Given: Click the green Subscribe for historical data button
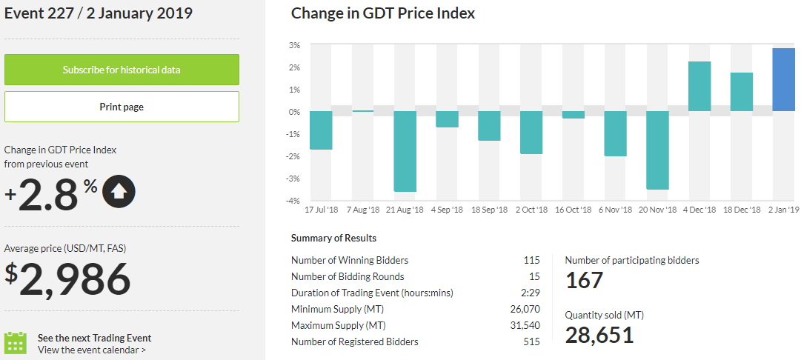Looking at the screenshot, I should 122,70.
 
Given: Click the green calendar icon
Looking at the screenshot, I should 16,343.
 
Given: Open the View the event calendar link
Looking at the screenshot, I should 92,350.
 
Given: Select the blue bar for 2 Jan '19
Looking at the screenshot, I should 784,80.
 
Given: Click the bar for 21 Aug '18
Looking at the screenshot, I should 405,151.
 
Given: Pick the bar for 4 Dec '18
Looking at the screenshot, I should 699,87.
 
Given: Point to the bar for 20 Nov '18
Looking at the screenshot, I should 657,150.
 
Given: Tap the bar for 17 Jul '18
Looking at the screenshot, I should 321,130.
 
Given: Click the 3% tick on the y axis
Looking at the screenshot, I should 294,45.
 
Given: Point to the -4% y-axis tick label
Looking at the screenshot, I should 293,201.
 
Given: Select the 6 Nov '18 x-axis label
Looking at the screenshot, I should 615,210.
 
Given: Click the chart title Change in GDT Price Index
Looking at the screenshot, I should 383,13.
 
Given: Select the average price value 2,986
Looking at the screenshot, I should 75,279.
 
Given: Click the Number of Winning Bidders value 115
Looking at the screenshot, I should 531,260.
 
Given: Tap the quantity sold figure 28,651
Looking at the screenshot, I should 599,335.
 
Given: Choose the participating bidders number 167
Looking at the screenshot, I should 585,280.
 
